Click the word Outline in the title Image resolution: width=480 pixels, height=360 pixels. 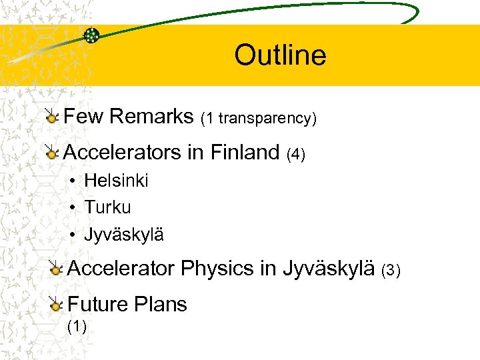point(280,55)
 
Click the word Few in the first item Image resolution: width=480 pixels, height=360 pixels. point(84,117)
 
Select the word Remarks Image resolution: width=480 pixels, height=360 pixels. point(151,117)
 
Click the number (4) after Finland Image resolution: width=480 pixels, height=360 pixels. point(295,155)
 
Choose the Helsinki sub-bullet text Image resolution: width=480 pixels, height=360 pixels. point(116,181)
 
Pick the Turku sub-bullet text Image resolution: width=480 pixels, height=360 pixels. point(107,207)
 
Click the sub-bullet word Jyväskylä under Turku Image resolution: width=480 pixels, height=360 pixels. point(124,235)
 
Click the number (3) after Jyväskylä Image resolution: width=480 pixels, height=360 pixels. point(390,271)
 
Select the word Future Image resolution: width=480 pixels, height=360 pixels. point(98,304)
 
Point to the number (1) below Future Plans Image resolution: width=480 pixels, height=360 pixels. point(77,327)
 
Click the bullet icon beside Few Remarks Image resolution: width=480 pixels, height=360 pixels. point(51,117)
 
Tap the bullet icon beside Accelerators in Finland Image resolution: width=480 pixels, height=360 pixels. point(51,153)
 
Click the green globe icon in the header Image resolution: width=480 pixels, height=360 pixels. point(91,35)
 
